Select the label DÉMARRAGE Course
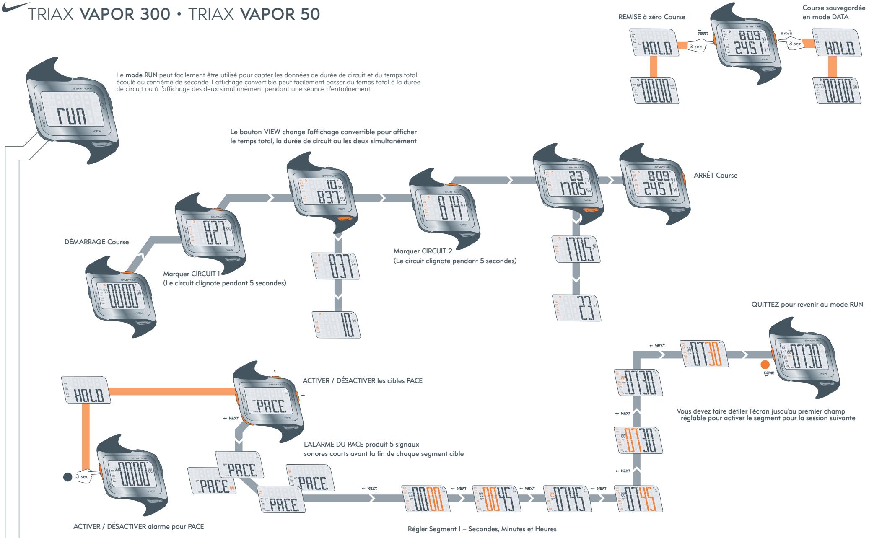point(95,242)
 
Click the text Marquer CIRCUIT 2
point(423,251)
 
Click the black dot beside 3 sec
point(67,477)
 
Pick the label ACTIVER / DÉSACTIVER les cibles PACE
point(362,381)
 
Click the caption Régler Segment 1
point(482,529)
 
